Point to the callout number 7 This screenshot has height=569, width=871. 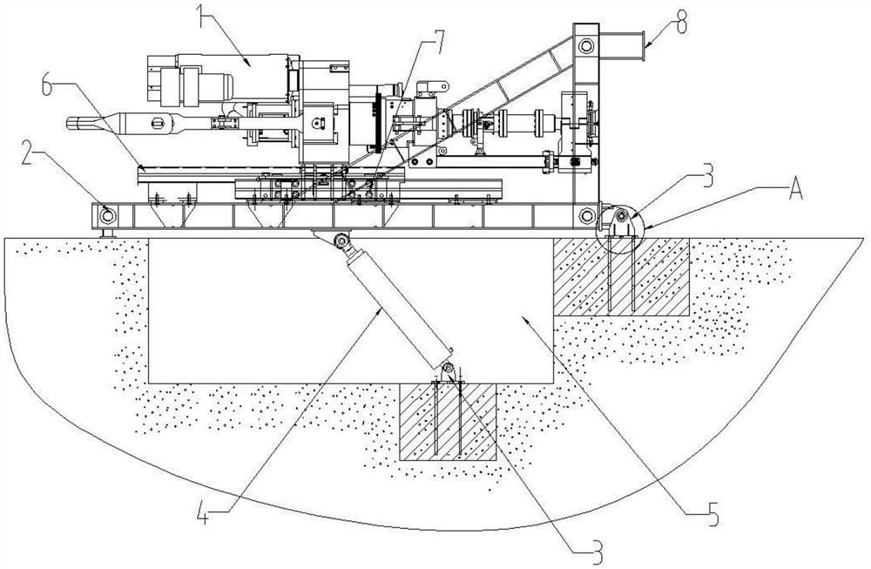coord(438,41)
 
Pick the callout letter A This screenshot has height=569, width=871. coord(795,191)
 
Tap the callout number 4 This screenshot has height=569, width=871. coord(204,515)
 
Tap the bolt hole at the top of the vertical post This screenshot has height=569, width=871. coord(586,45)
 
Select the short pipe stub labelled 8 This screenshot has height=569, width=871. coord(622,46)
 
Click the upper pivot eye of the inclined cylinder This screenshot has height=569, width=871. coord(341,240)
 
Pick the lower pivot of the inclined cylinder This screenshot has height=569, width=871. coord(449,369)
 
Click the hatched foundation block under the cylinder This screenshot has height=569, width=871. coord(448,421)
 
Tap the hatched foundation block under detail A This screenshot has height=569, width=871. coord(621,277)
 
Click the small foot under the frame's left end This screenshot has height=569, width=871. coord(108,233)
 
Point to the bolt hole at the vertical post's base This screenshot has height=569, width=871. coord(586,215)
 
